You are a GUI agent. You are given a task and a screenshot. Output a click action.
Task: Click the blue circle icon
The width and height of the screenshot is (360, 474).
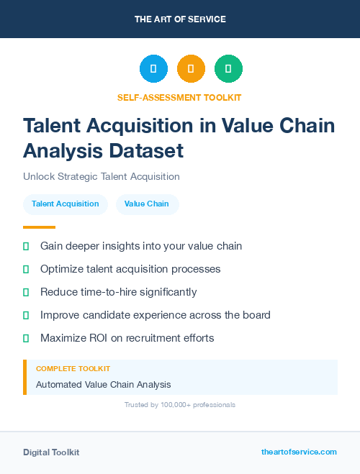coord(153,69)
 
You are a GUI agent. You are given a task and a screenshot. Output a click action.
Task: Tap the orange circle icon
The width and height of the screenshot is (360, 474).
coord(191,69)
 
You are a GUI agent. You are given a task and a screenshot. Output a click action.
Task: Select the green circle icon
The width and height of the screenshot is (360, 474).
coord(228,69)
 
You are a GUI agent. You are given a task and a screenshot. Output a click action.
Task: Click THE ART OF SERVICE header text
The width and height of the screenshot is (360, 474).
coord(180,19)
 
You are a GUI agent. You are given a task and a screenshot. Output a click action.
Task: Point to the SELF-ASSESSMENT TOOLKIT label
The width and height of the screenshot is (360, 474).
coord(179,97)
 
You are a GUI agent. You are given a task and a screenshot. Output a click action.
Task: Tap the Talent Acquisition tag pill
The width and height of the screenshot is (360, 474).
coord(66,204)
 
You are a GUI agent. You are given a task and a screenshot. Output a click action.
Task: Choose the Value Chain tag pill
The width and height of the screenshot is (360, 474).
coord(147,204)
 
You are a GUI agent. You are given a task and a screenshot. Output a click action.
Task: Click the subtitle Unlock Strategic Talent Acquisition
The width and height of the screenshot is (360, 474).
coord(102,176)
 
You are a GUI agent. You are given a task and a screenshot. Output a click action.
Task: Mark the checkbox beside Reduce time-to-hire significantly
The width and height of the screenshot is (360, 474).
coord(26,292)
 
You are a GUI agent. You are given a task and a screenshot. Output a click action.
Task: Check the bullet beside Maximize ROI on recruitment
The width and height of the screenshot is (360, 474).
coord(26,338)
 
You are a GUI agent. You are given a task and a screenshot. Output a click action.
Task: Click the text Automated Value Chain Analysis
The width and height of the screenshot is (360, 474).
coord(104,385)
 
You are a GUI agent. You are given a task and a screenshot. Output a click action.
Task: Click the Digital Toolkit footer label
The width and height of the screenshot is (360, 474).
coord(51,452)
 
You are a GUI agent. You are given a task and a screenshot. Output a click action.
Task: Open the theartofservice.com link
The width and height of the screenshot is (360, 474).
coord(299,452)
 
